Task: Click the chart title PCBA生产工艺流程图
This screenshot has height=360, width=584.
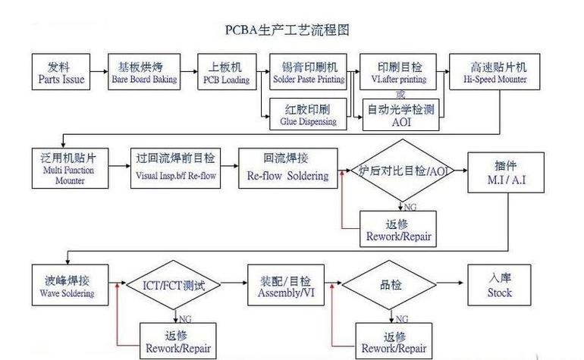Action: pyautogui.click(x=287, y=30)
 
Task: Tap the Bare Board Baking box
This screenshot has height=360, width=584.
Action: pyautogui.click(x=144, y=72)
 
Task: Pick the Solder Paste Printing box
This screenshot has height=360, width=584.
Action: pyautogui.click(x=308, y=72)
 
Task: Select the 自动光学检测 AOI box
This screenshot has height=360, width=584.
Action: pyautogui.click(x=400, y=115)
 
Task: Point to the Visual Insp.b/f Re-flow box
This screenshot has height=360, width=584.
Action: pyautogui.click(x=175, y=167)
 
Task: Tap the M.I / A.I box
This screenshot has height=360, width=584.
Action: pyautogui.click(x=499, y=171)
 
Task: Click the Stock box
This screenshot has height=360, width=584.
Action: pyautogui.click(x=499, y=286)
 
